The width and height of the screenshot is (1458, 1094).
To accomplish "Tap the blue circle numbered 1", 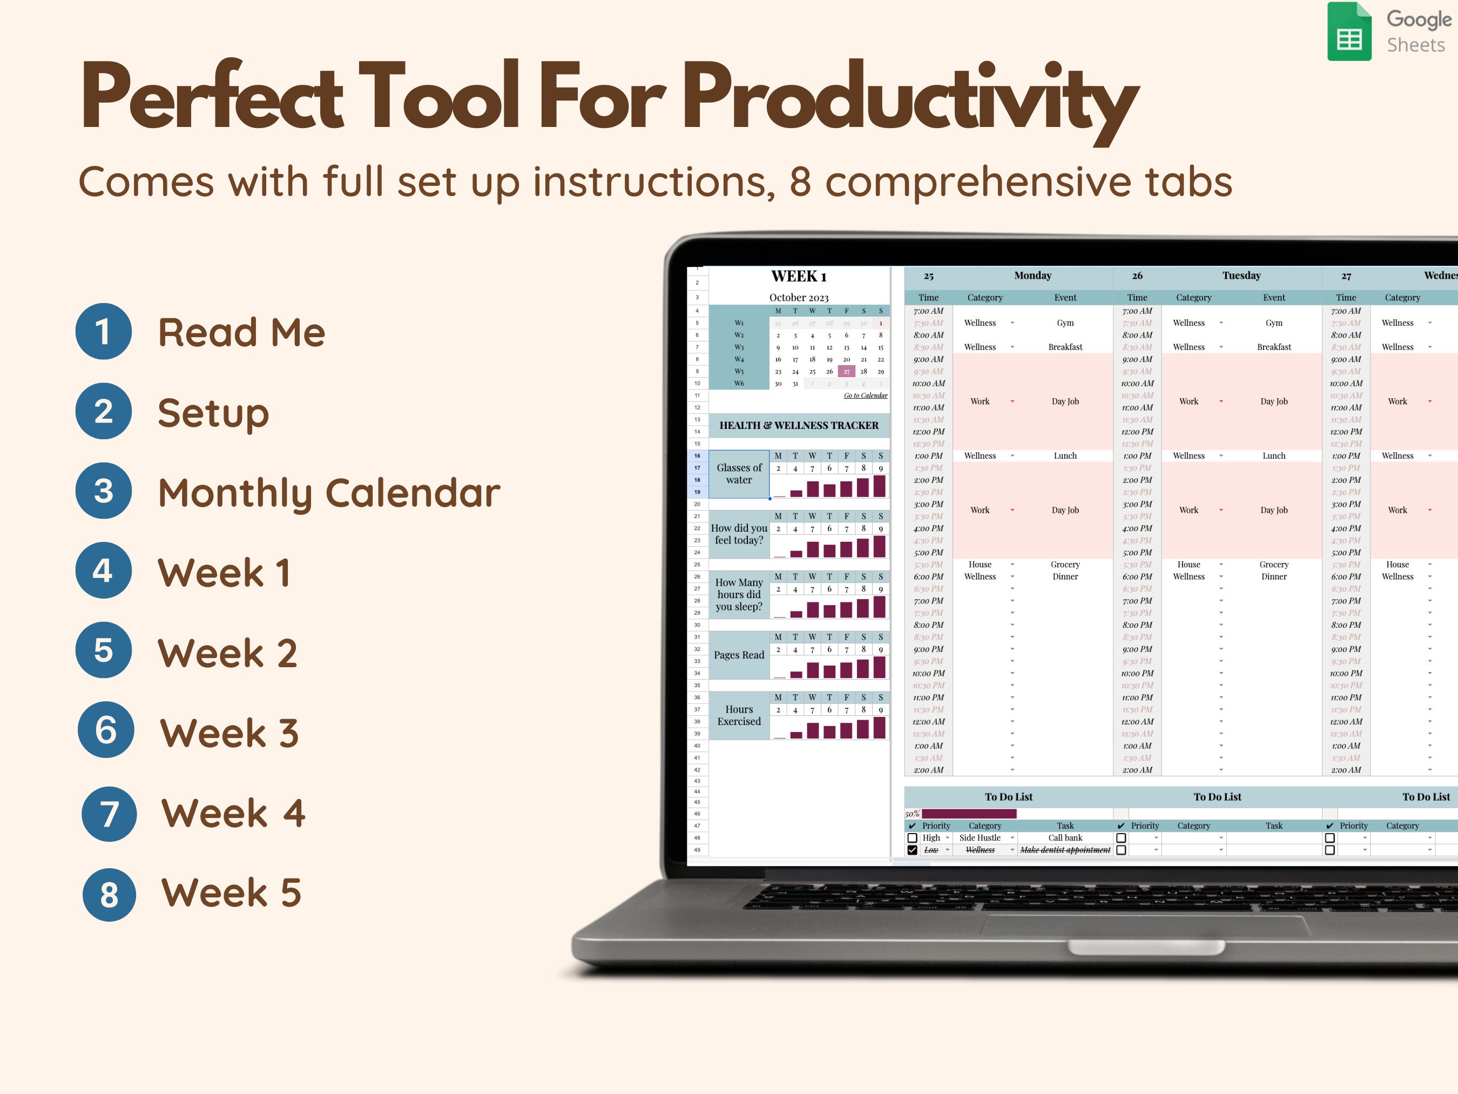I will coord(104,331).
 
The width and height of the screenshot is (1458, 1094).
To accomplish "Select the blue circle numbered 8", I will coord(110,894).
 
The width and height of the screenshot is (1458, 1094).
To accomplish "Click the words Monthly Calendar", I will coord(329,493).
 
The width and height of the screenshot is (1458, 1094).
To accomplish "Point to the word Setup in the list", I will coord(213,413).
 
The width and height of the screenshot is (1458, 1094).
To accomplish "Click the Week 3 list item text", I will coord(230,733).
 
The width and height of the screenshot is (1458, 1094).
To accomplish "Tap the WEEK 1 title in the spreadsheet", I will coord(798,276).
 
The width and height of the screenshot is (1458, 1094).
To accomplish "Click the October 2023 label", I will coord(798,297).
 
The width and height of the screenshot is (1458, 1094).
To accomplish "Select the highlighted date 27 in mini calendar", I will coord(846,371).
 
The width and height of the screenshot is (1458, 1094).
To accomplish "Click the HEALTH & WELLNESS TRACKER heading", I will coord(798,425).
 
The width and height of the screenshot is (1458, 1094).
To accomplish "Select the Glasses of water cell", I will coord(739,473).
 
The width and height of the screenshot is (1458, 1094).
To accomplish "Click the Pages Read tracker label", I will coord(739,655).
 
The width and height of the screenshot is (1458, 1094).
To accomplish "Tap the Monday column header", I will coord(1032,276).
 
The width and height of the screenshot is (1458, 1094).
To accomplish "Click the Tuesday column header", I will coord(1241,276).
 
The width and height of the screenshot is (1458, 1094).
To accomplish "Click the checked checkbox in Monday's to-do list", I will coord(912,850).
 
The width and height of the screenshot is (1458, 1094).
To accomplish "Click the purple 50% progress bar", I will coord(969,814).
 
